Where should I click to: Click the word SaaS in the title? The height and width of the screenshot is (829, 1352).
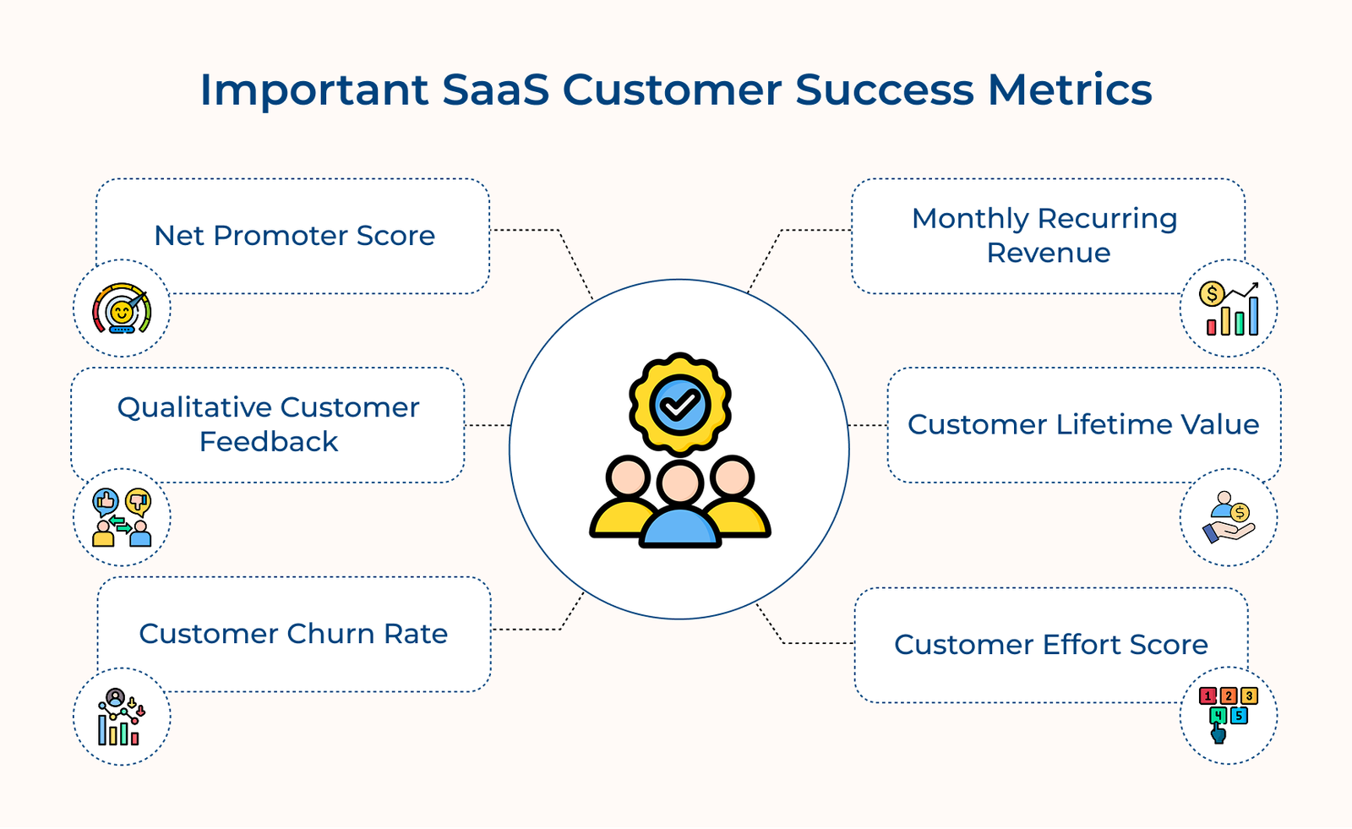(x=495, y=90)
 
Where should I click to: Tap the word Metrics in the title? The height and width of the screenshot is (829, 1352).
(x=1070, y=90)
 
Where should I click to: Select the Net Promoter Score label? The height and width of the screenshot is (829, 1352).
(x=294, y=236)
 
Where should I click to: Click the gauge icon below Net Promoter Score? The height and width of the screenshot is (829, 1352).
(x=122, y=308)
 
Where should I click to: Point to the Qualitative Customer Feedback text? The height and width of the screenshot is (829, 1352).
(x=269, y=424)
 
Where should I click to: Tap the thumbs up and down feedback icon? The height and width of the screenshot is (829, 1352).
(x=122, y=517)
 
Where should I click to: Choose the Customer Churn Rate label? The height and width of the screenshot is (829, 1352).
(x=293, y=634)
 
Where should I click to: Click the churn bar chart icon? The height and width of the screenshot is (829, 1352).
(x=122, y=717)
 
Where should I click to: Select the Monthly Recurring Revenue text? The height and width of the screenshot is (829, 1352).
(x=1046, y=236)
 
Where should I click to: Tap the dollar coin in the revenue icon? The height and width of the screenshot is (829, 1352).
(x=1212, y=294)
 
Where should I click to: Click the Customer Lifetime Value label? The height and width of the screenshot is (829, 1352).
(x=1083, y=424)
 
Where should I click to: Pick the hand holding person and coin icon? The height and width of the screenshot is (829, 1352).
(x=1229, y=517)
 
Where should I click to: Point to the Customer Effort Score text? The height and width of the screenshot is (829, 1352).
(x=1051, y=645)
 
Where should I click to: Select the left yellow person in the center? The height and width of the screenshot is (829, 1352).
(x=625, y=503)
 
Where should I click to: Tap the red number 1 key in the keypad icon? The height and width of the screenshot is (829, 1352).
(x=1208, y=696)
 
